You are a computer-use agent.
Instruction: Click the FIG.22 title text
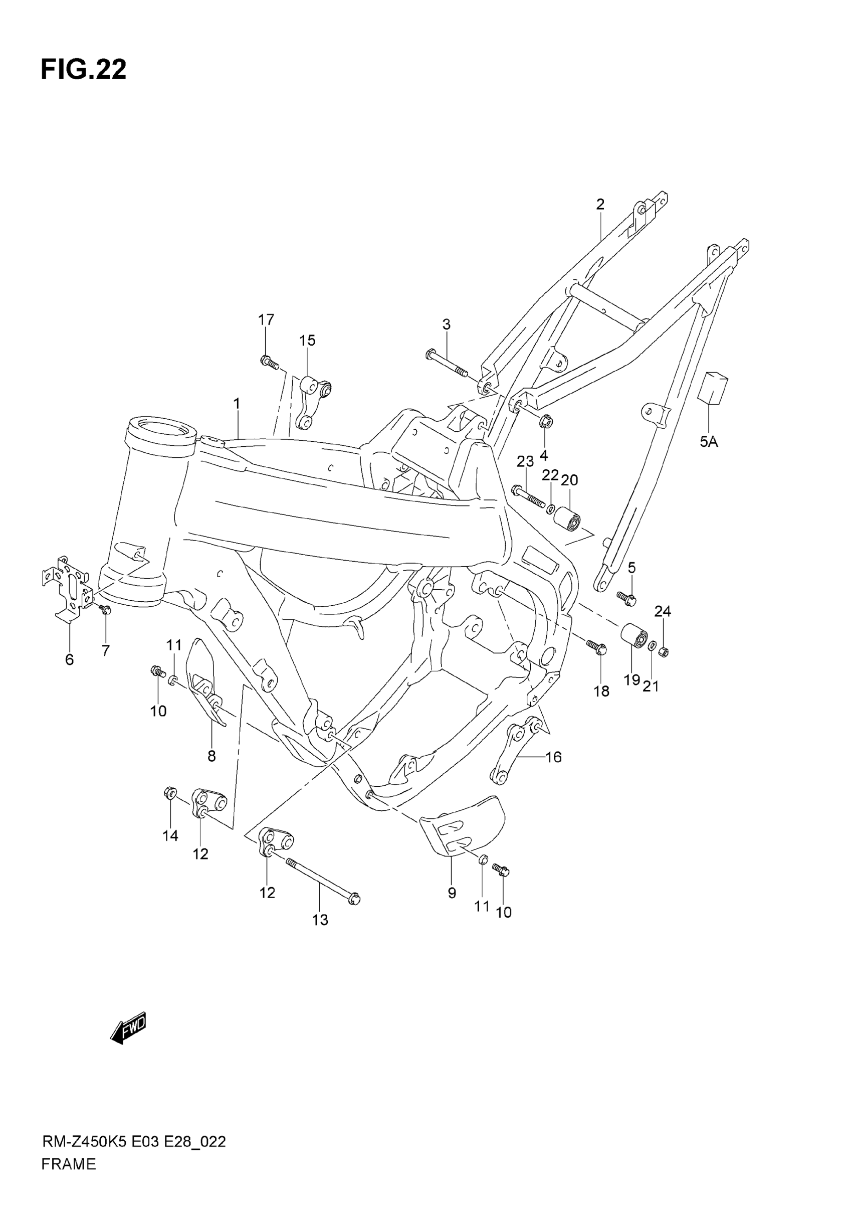point(84,69)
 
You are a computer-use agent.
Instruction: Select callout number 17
point(266,319)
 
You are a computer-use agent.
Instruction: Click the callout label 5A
point(709,442)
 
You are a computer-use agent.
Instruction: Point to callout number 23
point(525,461)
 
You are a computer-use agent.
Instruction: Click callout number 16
point(553,757)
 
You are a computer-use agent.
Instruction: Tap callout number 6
point(69,660)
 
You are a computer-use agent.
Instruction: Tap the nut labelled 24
point(663,652)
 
